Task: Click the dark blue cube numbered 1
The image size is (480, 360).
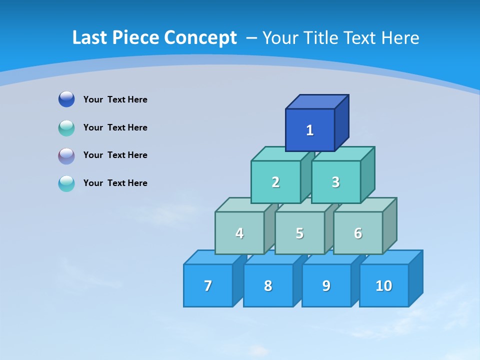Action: click(x=310, y=130)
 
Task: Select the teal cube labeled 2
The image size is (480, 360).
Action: click(x=275, y=182)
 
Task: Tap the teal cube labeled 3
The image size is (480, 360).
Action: click(x=335, y=182)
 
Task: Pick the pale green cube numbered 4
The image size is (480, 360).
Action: click(x=239, y=233)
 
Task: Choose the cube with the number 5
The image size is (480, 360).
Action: click(x=299, y=233)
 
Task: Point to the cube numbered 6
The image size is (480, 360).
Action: click(x=358, y=233)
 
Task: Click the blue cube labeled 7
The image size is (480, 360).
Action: click(x=208, y=285)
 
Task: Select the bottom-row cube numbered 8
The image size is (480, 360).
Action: click(x=268, y=285)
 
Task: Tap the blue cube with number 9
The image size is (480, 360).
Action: click(x=326, y=285)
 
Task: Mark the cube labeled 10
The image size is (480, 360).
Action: click(x=384, y=285)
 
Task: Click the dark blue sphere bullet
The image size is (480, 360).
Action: click(x=66, y=99)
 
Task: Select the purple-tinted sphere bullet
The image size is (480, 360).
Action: click(x=66, y=156)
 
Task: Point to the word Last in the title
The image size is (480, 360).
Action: click(x=90, y=37)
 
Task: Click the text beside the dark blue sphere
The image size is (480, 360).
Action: click(x=115, y=99)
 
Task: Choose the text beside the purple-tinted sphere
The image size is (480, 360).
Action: click(x=115, y=155)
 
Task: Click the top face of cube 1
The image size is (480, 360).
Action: click(x=317, y=102)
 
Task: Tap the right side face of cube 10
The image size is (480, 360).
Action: click(x=415, y=278)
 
